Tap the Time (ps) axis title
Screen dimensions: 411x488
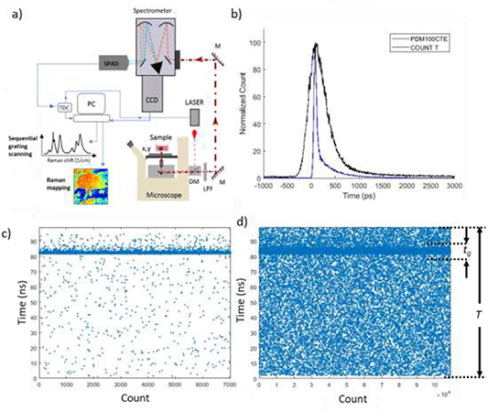tap(363, 196)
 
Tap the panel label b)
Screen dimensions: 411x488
tap(237, 14)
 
